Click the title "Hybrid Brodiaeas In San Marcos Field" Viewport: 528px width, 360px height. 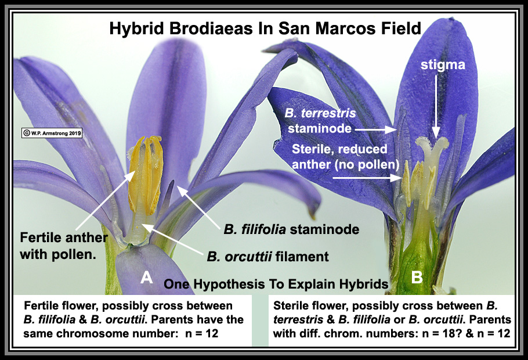(265, 28)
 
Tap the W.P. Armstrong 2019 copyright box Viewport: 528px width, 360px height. (52, 133)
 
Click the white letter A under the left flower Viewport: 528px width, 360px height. (146, 278)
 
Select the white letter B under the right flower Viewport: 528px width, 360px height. (417, 278)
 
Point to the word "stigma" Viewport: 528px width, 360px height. (443, 64)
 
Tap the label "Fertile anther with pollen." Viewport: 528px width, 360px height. (64, 246)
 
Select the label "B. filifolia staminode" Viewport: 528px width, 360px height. (291, 229)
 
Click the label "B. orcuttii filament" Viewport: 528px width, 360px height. (267, 257)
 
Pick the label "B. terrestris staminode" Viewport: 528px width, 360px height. (320, 121)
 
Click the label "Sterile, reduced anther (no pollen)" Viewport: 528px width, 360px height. (345, 157)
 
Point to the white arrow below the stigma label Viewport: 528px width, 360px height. (436, 106)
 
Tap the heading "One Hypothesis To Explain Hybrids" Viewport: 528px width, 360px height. (276, 284)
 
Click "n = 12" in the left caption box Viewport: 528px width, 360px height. (202, 333)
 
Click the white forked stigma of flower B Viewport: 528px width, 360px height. (431, 148)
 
